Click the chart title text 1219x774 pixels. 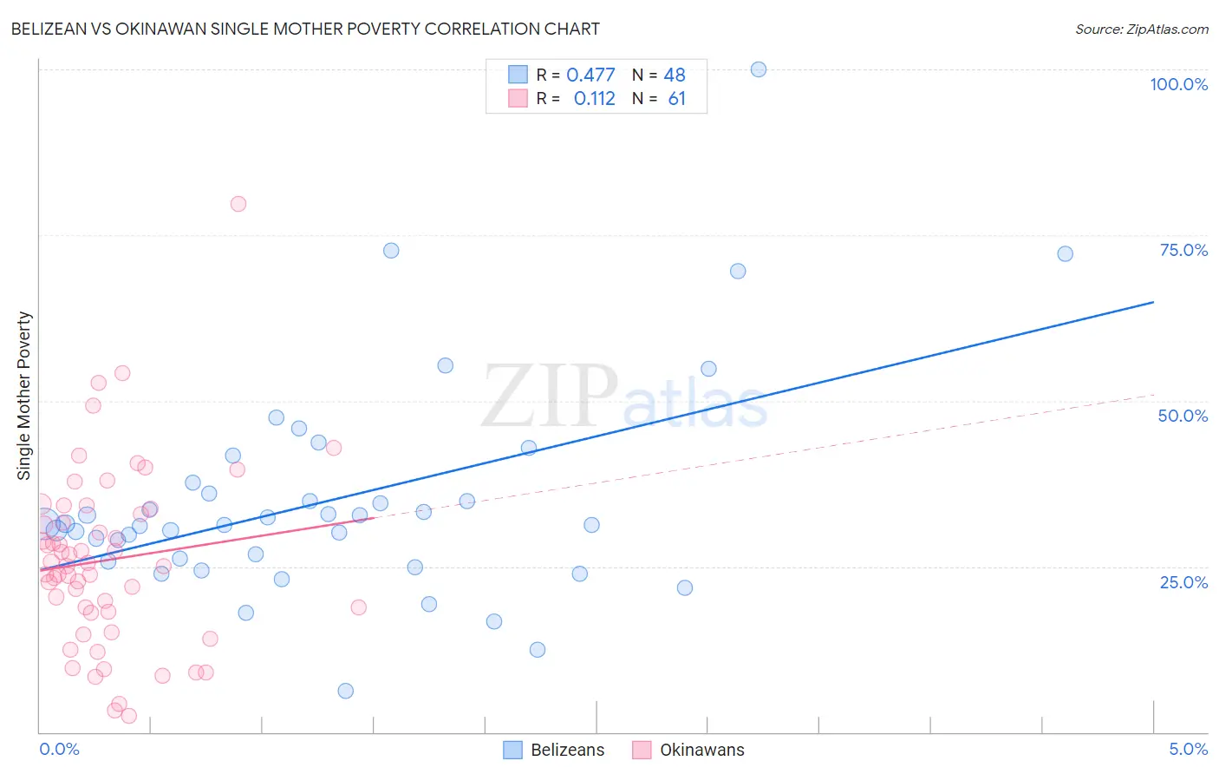tap(305, 29)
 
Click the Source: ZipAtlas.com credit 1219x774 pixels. tap(1141, 29)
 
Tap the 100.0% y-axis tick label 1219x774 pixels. tap(1178, 84)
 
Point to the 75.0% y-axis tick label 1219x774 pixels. tap(1183, 250)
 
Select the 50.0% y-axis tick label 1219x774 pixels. tap(1183, 416)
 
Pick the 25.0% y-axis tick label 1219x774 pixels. tap(1183, 582)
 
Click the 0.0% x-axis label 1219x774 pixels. tap(59, 749)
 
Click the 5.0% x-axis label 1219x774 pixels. tap(1188, 749)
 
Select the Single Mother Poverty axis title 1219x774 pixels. tap(24, 396)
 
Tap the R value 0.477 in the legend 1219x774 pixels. tap(590, 75)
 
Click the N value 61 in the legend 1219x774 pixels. tap(676, 99)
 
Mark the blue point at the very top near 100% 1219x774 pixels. tap(759, 69)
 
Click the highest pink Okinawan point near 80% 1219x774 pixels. tap(238, 204)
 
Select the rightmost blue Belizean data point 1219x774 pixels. tap(1066, 254)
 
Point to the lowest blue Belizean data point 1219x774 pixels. tap(346, 691)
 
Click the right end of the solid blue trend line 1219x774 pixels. tap(1153, 302)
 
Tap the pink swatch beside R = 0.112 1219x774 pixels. tap(518, 98)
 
